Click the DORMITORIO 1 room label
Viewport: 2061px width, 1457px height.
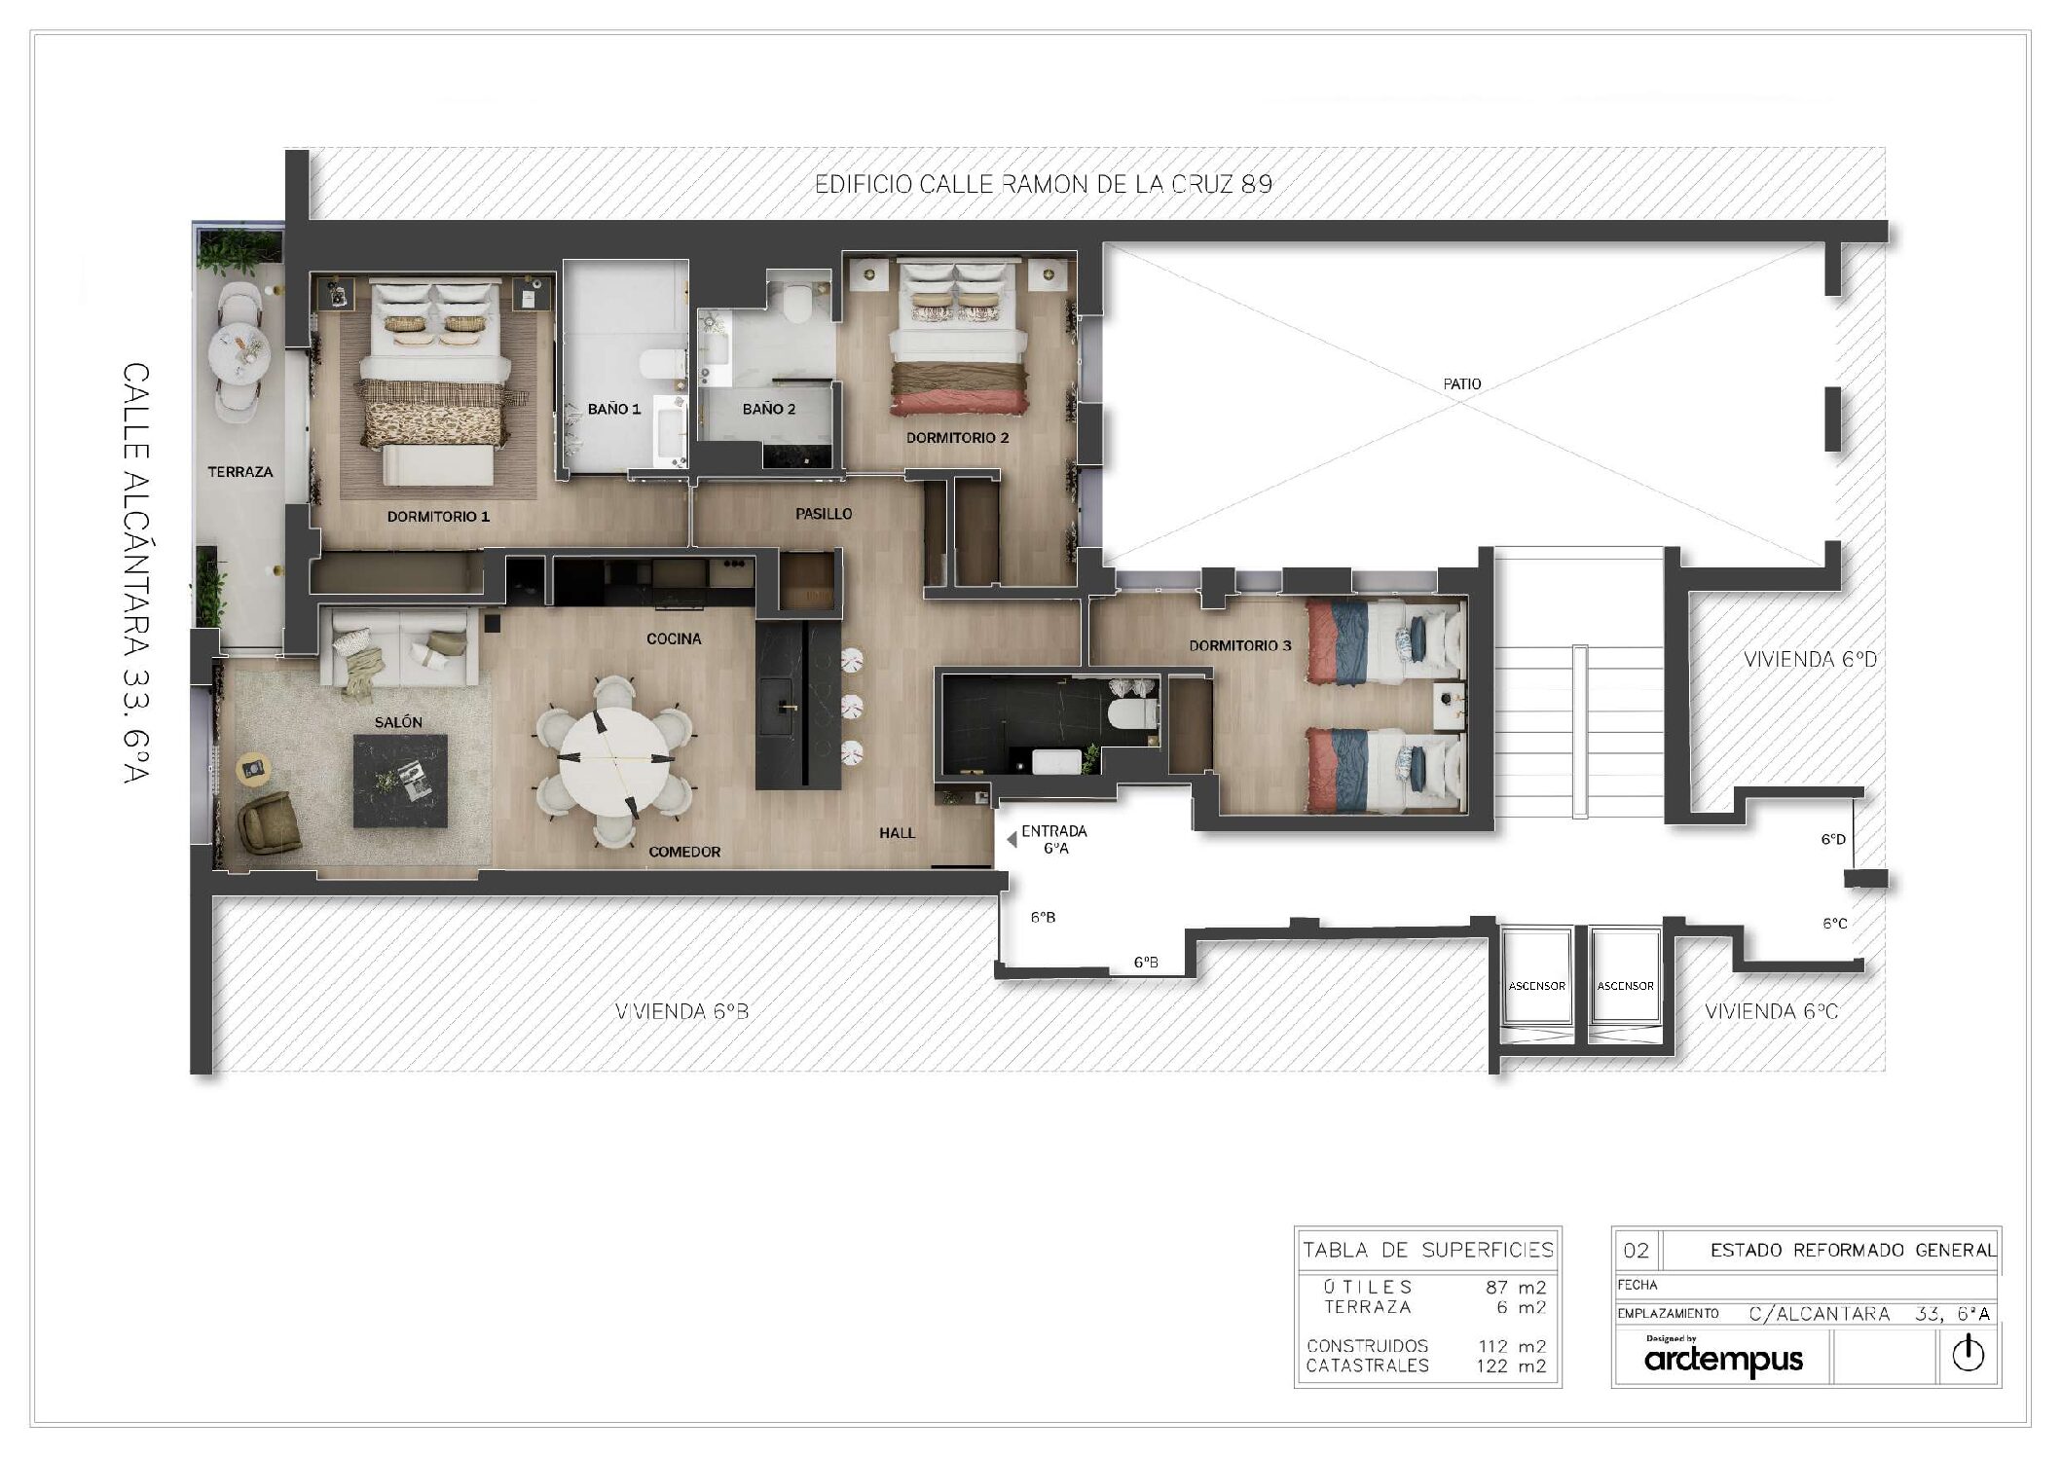438,517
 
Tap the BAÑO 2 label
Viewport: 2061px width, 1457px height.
769,409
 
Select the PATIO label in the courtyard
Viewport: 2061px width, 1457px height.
1461,384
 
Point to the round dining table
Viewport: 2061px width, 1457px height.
614,759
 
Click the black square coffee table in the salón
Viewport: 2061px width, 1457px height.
400,781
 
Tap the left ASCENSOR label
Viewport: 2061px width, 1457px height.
1536,986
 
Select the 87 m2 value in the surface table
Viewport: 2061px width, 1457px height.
1515,1288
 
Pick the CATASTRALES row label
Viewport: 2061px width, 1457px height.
1367,1366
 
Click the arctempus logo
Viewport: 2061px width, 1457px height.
1723,1359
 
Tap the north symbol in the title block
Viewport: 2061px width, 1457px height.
1968,1354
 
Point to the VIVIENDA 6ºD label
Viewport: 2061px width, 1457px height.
1810,659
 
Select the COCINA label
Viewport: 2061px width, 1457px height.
674,639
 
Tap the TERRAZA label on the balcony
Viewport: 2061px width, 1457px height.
239,472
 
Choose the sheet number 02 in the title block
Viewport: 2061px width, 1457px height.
1637,1251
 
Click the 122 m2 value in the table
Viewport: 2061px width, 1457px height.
1511,1366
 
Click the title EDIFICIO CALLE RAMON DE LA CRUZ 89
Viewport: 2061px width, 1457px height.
1043,184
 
